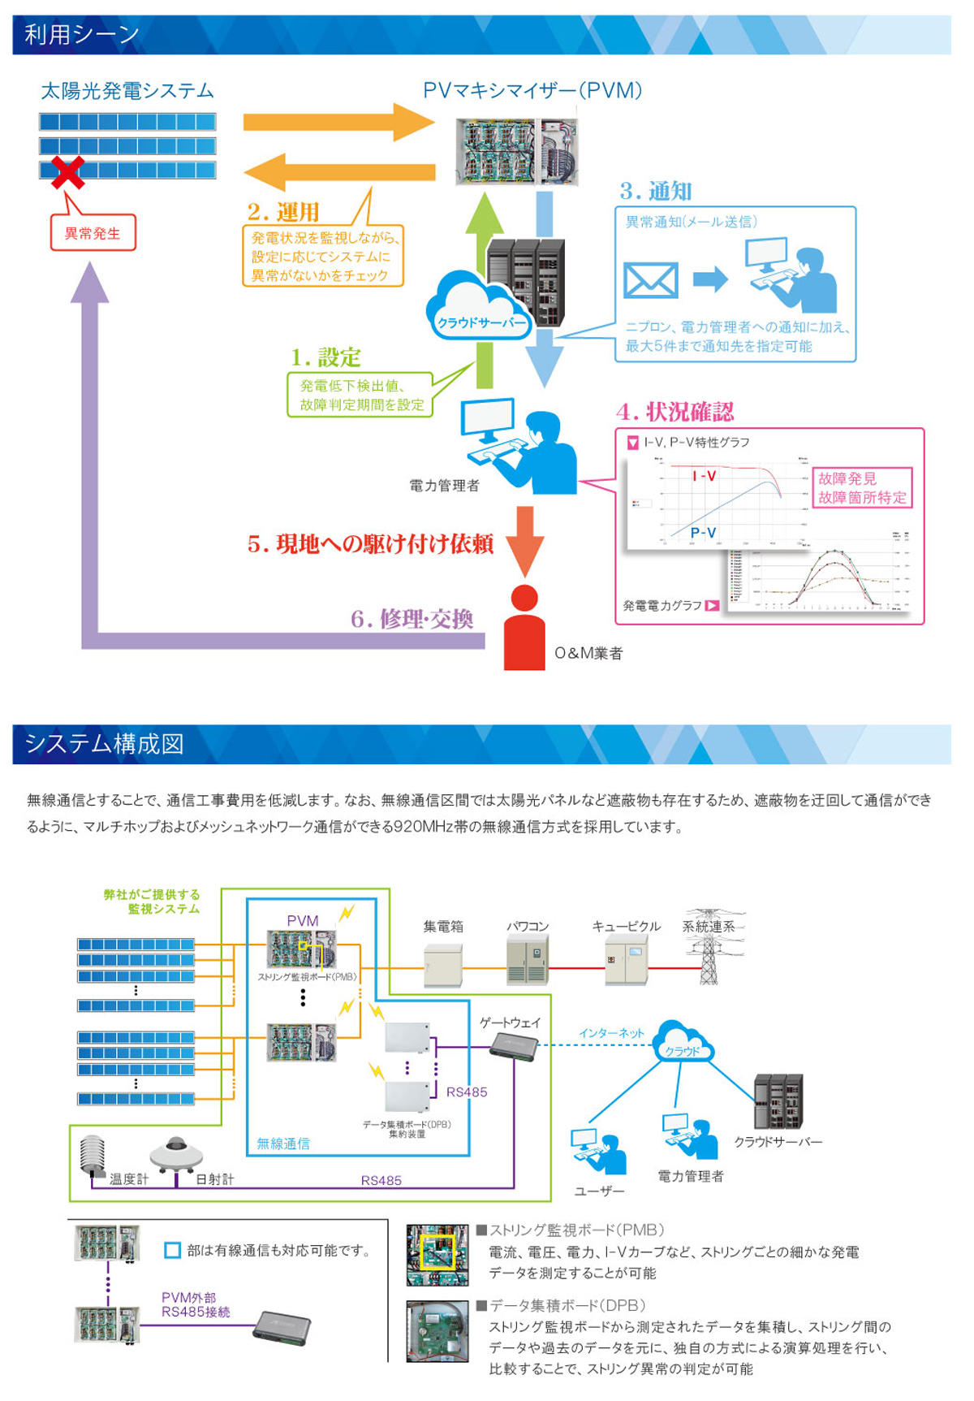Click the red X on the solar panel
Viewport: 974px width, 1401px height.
(x=68, y=172)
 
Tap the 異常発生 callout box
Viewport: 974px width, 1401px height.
(x=93, y=233)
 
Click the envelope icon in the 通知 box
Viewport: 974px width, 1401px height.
(x=650, y=281)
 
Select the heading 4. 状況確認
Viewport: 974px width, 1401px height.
(x=674, y=412)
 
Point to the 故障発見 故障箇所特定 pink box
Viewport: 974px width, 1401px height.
(x=862, y=488)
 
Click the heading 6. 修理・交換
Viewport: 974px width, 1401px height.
(x=412, y=619)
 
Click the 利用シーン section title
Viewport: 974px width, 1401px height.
(x=82, y=35)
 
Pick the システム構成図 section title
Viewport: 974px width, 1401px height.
(x=104, y=744)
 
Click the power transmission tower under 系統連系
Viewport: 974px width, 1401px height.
(x=709, y=950)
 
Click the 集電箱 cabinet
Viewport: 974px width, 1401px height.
(x=443, y=964)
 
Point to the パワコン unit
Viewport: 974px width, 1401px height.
(x=528, y=959)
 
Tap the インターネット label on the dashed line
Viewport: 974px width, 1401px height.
(x=610, y=1033)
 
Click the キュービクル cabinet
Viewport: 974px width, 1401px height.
(x=626, y=959)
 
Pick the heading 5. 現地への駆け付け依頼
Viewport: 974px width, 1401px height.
(x=370, y=543)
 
